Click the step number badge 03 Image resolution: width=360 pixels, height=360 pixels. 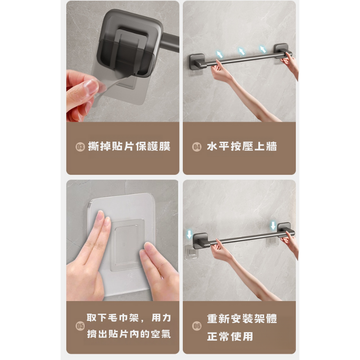pyautogui.click(x=80, y=147)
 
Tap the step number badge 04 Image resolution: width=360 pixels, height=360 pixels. pyautogui.click(x=197, y=147)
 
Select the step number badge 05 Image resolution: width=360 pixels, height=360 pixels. pyautogui.click(x=80, y=326)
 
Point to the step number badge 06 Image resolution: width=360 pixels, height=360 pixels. pyautogui.click(x=197, y=326)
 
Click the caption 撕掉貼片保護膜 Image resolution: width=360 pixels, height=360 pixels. pyautogui.click(x=129, y=147)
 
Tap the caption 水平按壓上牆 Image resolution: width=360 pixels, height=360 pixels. pyautogui.click(x=242, y=147)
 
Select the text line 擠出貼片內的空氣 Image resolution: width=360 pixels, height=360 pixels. pyautogui.click(x=129, y=334)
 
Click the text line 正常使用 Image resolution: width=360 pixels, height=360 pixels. pyautogui.click(x=230, y=337)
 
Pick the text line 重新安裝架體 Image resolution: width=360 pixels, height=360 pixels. pyautogui.click(x=242, y=319)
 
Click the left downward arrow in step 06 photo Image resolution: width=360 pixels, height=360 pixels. pyautogui.click(x=189, y=234)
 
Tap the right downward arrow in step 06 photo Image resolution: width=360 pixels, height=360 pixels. pyautogui.click(x=273, y=225)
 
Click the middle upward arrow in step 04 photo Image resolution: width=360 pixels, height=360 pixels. pyautogui.click(x=241, y=51)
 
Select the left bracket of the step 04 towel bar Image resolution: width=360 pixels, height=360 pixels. pyautogui.click(x=198, y=62)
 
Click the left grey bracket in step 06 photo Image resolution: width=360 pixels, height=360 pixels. pyautogui.click(x=201, y=241)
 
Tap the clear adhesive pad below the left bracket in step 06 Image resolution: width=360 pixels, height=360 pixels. pyautogui.click(x=192, y=252)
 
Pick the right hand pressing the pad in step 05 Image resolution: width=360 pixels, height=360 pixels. pyautogui.click(x=158, y=271)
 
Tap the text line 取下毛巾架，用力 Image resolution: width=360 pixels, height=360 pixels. pyautogui.click(x=129, y=318)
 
